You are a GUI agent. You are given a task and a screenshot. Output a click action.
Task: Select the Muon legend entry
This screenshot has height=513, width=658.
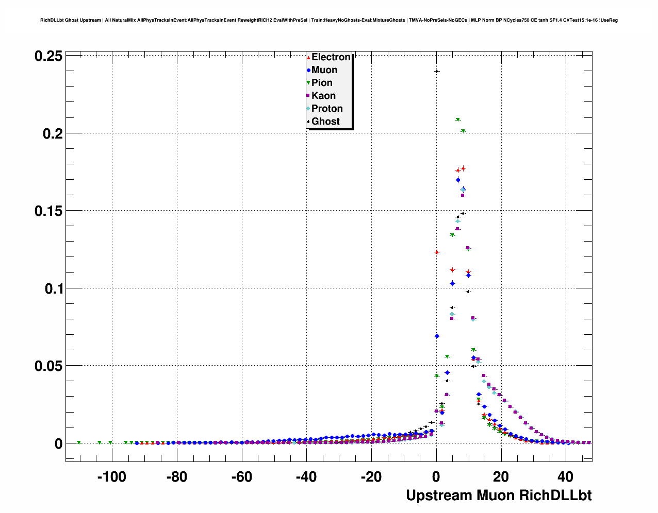coord(324,70)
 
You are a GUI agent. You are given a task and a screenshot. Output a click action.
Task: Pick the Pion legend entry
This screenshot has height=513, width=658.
coord(321,83)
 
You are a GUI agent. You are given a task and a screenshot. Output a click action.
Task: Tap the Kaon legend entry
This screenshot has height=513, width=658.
coord(323,96)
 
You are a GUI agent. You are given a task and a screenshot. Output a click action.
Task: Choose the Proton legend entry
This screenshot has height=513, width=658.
coord(326,109)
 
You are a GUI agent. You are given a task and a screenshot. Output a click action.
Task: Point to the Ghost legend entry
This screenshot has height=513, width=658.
coord(325,122)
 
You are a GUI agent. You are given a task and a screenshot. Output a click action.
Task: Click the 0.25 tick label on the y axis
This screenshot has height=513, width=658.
coord(48,56)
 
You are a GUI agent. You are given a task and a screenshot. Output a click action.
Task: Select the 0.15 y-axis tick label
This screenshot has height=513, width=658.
coord(48,211)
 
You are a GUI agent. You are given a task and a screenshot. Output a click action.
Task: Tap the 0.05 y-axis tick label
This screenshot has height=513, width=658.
coord(48,366)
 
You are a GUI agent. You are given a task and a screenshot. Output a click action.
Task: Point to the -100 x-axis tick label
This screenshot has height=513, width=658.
coord(111,477)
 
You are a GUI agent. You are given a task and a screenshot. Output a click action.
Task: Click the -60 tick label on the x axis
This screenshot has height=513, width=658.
coord(241,477)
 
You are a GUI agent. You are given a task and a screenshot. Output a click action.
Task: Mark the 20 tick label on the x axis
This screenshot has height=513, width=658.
coord(501,477)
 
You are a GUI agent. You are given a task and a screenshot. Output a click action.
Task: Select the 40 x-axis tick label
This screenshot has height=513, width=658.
coord(566,477)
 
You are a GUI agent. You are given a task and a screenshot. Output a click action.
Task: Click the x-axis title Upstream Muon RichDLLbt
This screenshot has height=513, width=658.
coord(498,495)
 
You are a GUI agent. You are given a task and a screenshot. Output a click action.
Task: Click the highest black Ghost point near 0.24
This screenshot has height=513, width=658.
coord(437,71)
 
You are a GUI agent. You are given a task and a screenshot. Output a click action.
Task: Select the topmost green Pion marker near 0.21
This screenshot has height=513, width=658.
coord(457,120)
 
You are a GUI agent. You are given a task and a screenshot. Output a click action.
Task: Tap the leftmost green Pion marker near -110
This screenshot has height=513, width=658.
coord(79,442)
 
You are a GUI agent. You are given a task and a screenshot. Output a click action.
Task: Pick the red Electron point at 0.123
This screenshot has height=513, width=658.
coord(437,252)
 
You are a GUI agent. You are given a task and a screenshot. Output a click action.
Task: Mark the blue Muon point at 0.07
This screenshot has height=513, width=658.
coord(437,336)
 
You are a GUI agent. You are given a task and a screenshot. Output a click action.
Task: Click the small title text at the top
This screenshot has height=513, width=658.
coord(329,20)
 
